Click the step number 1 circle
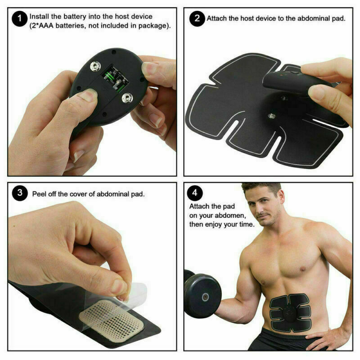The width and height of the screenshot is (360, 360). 18,19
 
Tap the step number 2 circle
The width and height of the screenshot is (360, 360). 197,19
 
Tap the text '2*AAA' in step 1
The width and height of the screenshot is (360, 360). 42,26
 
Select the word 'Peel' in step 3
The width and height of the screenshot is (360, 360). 39,194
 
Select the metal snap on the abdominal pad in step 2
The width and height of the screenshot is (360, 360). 271,116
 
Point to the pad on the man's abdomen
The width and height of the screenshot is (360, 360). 290,310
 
